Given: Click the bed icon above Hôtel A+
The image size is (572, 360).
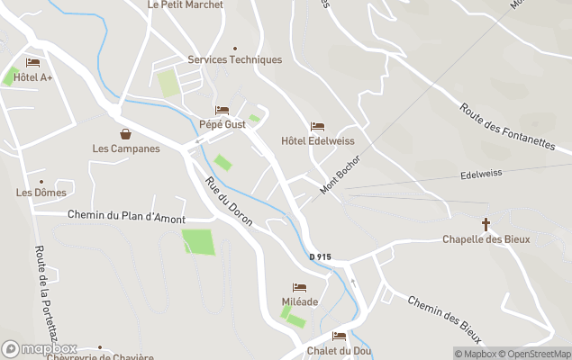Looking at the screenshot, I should tap(33, 63).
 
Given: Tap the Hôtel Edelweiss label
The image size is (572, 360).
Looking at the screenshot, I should tap(317, 141).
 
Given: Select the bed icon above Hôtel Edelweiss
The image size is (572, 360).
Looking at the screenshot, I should tap(317, 127).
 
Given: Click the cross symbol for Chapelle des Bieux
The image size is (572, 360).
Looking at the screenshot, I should tap(486, 223).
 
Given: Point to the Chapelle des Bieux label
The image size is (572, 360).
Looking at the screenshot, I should tap(486, 239).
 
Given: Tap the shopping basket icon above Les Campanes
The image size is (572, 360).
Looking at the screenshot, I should tap(126, 133).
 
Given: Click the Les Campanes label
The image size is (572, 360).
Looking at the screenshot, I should tap(126, 148).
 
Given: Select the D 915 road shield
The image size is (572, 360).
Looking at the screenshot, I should tap(320, 257).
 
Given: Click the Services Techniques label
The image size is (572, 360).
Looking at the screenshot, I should tap(234, 60).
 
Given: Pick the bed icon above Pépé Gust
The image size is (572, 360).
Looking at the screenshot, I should tap(222, 110).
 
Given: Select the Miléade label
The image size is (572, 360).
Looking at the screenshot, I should tap(299, 302).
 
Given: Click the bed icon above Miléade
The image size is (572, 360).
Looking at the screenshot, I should tap(299, 288).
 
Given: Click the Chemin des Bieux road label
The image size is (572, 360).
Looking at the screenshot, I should tap(445, 319).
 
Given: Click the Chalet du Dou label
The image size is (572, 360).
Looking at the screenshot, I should tap(339, 351).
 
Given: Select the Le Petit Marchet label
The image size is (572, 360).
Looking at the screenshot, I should tap(185, 4).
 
